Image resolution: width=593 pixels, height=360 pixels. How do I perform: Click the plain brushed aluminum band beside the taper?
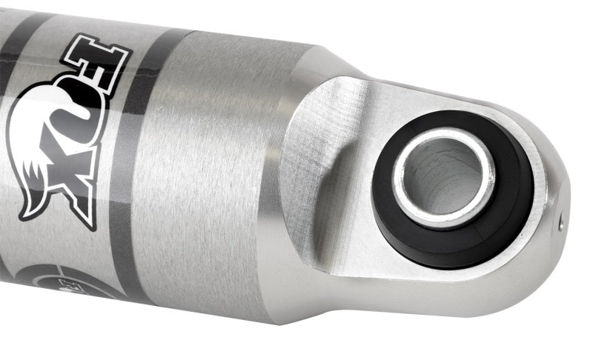(215, 178)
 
